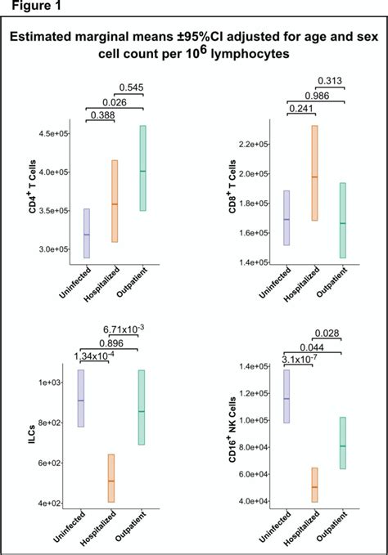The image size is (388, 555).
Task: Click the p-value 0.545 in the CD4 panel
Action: point(132,87)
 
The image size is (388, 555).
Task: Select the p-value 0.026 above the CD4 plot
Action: point(114,101)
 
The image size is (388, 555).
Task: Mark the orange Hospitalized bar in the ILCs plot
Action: point(114,478)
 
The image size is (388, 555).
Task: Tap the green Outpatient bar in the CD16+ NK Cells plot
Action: point(343,443)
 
